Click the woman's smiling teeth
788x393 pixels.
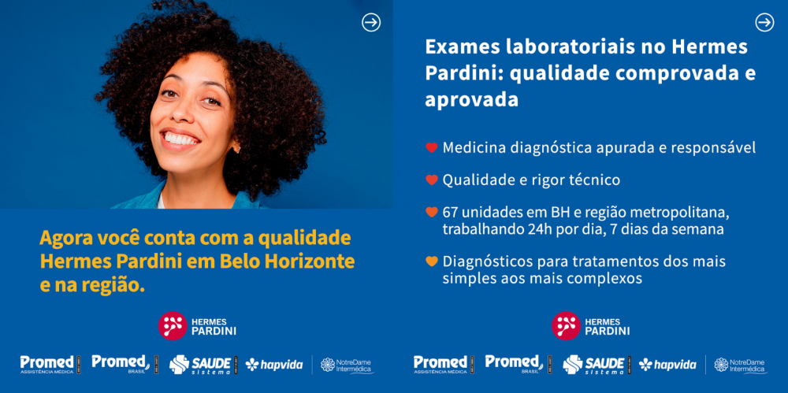tap(181, 137)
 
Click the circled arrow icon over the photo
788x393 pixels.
tap(371, 23)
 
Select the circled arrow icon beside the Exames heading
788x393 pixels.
tap(765, 23)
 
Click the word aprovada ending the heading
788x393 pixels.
tap(471, 99)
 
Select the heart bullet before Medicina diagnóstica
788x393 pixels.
tap(432, 148)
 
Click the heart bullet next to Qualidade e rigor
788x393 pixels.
tap(432, 180)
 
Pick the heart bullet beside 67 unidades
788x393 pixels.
tap(432, 212)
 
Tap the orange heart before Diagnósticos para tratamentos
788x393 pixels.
tap(432, 261)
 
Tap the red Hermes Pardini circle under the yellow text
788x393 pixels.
tap(173, 325)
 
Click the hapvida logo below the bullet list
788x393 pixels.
tap(667, 365)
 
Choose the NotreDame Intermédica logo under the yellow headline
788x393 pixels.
tap(348, 365)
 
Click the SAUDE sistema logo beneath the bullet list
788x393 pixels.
tap(593, 365)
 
